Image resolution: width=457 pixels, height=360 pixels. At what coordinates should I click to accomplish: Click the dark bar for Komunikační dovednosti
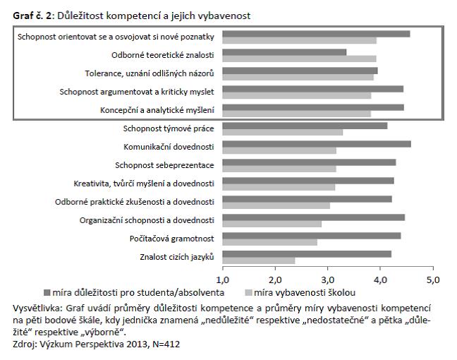point(317,144)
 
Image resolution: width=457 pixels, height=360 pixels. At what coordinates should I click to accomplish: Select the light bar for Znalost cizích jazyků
point(259,260)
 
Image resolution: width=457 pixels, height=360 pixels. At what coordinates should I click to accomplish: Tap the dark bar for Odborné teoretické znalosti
point(284,52)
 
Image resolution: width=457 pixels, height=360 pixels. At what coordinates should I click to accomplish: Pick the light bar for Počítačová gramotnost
point(270,242)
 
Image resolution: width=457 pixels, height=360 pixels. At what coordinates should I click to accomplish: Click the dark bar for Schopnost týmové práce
point(305,126)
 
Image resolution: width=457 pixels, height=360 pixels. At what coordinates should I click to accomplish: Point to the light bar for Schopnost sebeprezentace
point(279,169)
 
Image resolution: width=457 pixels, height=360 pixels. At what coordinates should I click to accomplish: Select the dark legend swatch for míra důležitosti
point(47,292)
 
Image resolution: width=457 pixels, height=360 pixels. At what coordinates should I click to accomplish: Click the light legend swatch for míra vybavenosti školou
point(248,292)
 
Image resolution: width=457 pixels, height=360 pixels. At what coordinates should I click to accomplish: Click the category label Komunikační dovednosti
point(169,147)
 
